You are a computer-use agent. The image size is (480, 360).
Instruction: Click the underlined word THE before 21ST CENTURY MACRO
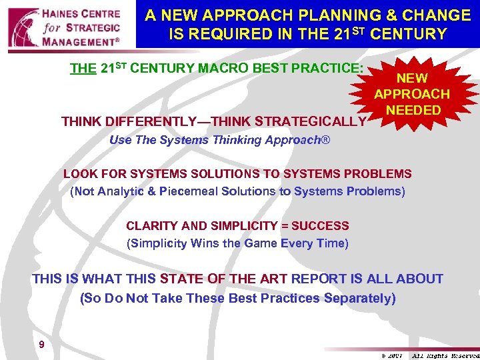pos(83,69)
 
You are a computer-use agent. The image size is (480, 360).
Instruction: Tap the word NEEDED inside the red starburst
pos(413,110)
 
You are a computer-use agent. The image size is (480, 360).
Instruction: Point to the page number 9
pos(42,345)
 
